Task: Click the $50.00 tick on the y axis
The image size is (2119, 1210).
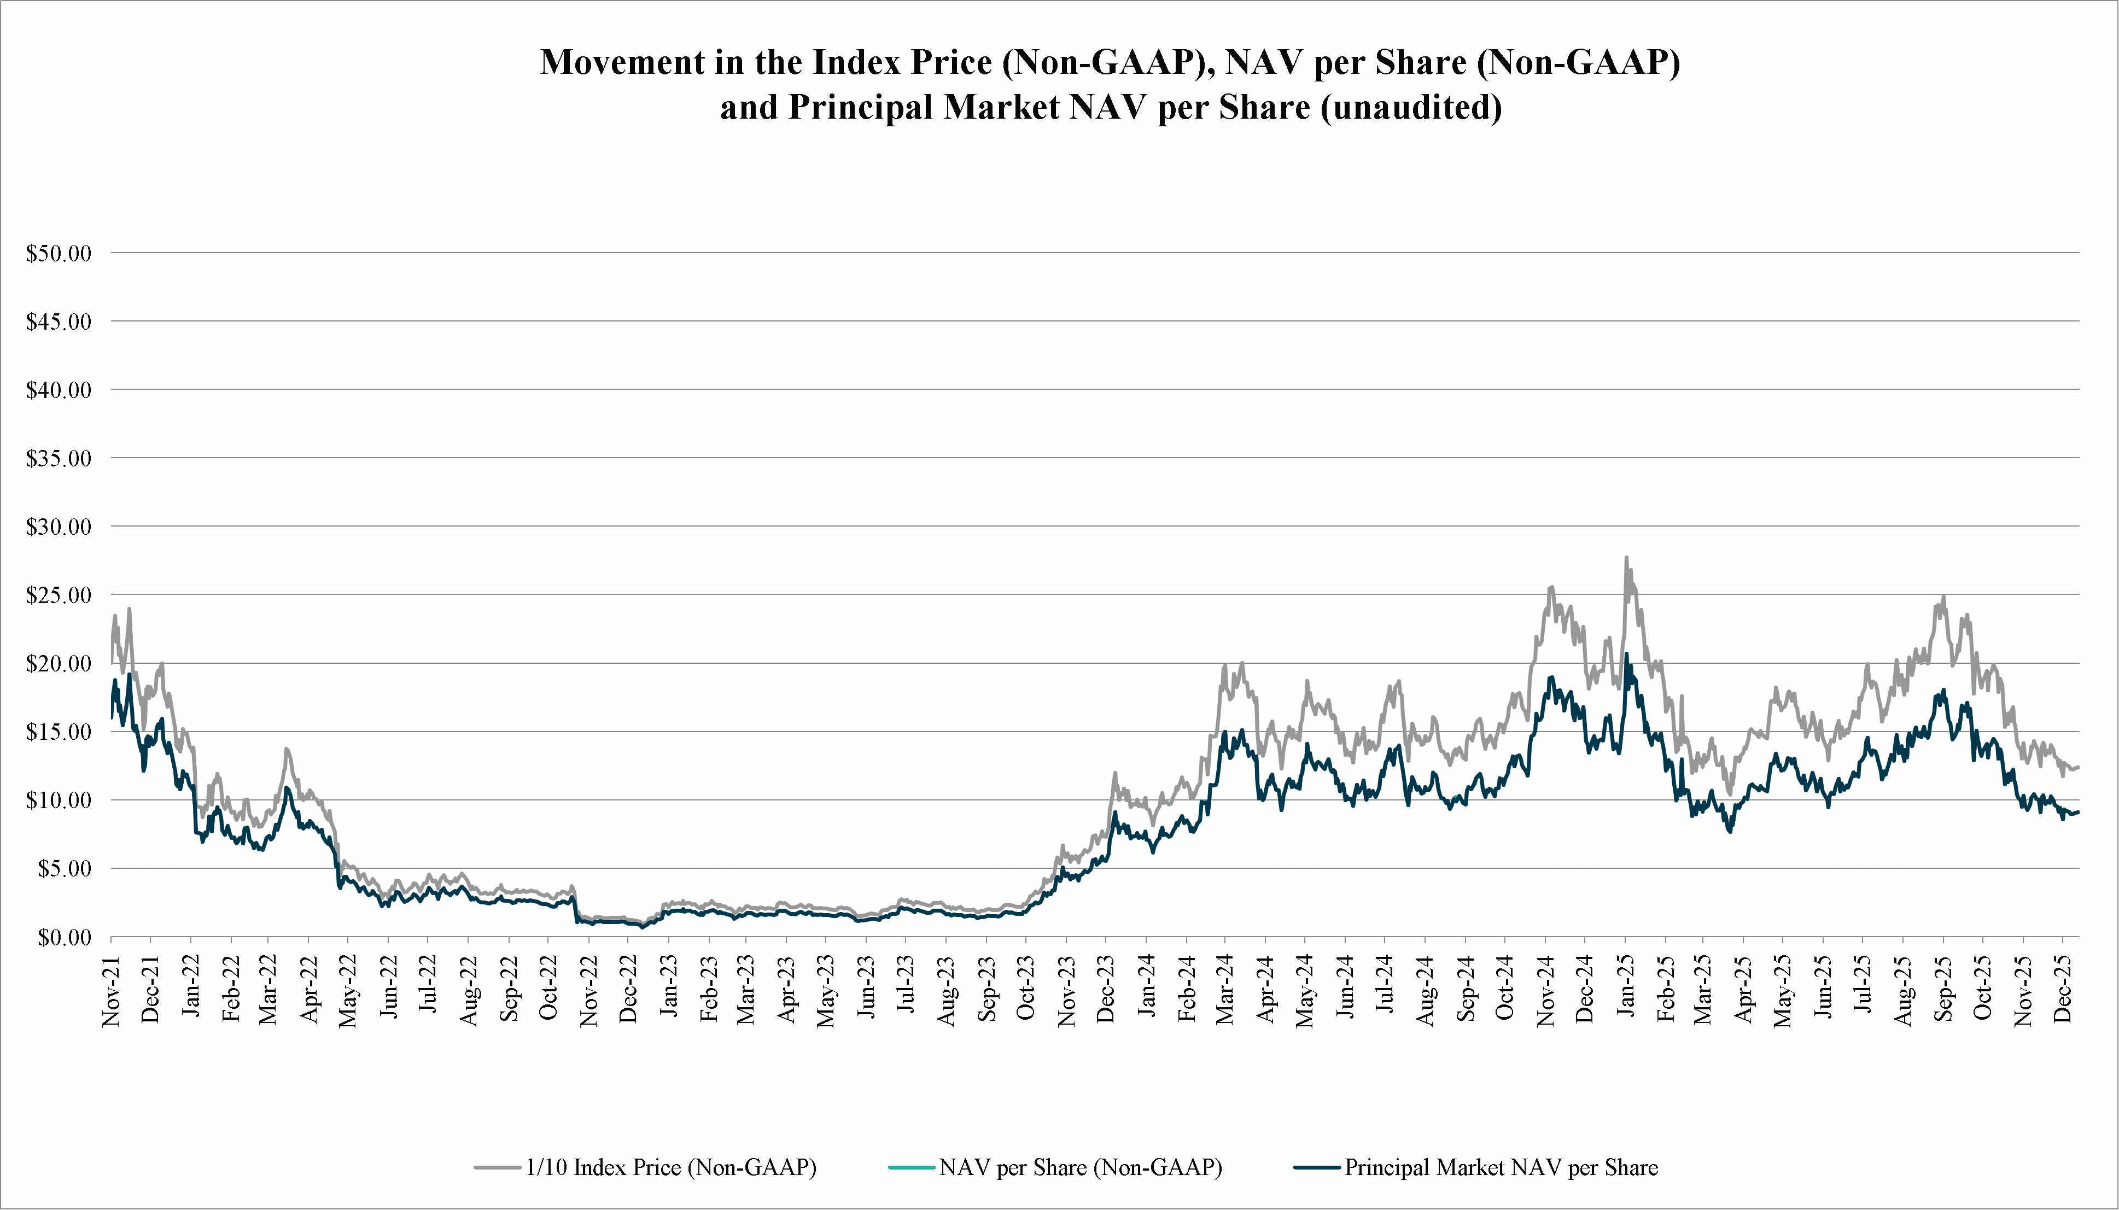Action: tap(58, 254)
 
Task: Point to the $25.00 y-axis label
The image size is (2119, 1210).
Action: tap(58, 595)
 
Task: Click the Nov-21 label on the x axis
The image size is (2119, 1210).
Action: tap(112, 991)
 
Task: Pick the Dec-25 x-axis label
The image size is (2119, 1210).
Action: tap(2063, 991)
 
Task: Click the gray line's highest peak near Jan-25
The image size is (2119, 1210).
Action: tap(1626, 558)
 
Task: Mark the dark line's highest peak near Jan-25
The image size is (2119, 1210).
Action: tap(1627, 654)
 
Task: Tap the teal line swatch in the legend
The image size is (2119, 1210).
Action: tap(912, 1167)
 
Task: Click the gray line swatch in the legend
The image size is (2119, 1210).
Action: tap(498, 1167)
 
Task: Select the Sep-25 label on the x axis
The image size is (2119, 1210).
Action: tap(1943, 991)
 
